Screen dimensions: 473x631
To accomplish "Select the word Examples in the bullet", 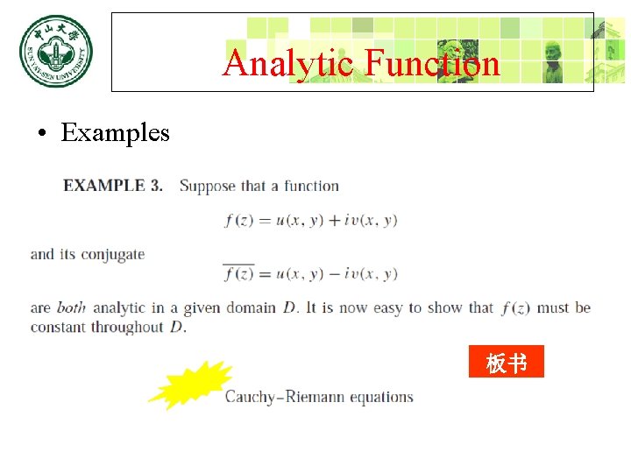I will [115, 133].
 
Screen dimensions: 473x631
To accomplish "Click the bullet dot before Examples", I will [41, 134].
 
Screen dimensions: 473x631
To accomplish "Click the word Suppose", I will [208, 186].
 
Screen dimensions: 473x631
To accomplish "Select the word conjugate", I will [113, 255].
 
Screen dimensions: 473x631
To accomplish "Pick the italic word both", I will [71, 307].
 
